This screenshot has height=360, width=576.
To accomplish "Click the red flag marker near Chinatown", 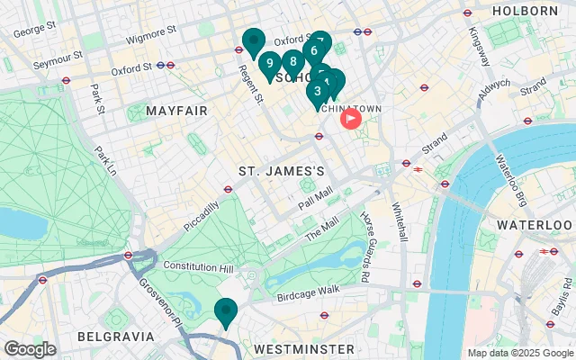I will pos(348,118).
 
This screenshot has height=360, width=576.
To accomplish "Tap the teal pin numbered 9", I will pos(269,65).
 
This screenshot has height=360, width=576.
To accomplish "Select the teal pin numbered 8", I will pos(292,63).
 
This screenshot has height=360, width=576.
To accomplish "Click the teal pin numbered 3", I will pos(317,91).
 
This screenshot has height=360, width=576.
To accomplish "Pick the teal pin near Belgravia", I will pos(225,311).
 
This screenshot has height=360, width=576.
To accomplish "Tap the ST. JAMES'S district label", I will pos(281,171).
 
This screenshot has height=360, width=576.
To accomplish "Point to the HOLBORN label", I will pos(526,11).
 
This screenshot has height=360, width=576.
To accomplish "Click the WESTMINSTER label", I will pos(303,347).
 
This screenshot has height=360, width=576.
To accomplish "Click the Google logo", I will pos(30,349).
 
